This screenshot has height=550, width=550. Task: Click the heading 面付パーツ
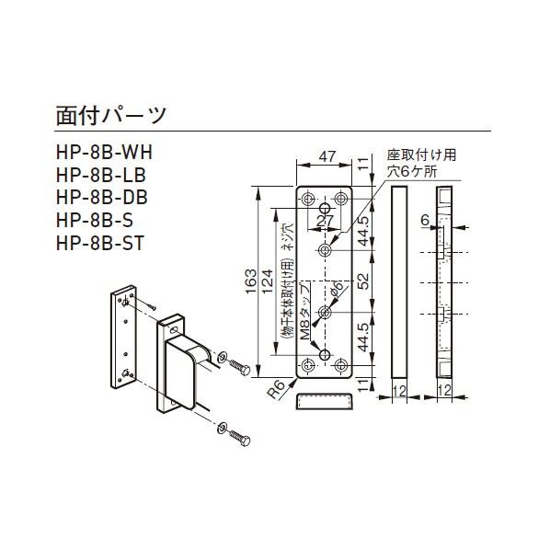[110, 116]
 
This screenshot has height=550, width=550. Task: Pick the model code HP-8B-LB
[100, 175]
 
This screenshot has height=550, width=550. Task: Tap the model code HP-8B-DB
[101, 197]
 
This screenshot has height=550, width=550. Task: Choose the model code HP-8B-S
[94, 220]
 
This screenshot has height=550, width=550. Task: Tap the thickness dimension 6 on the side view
[424, 220]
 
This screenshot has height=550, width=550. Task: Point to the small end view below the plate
[325, 402]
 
